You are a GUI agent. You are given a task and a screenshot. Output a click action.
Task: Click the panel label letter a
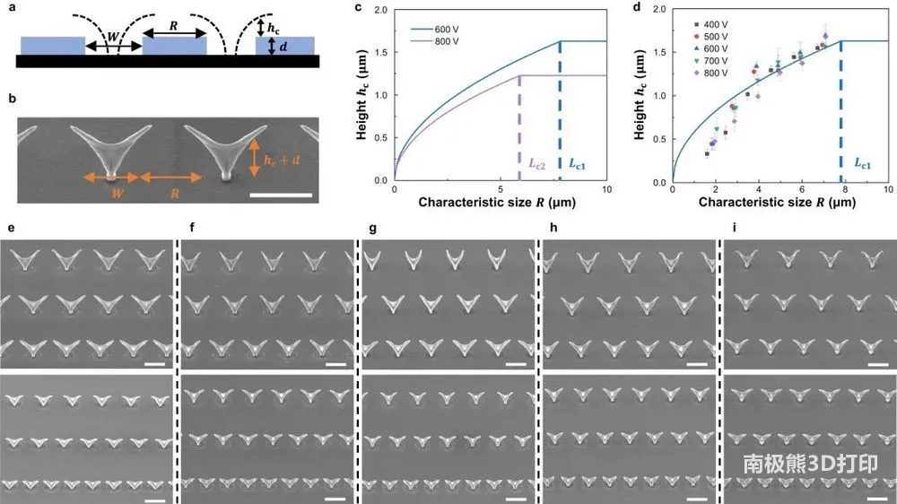11,12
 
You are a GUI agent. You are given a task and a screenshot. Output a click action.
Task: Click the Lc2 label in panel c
535,165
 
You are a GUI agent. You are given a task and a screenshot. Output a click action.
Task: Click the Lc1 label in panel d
862,165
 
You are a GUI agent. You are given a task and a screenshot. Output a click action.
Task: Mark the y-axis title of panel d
639,99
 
